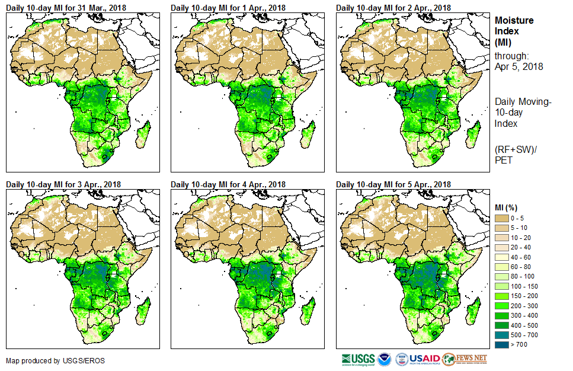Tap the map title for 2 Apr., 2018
click(393, 8)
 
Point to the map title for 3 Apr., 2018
click(63, 184)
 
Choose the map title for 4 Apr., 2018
click(228, 184)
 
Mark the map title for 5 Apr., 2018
click(393, 184)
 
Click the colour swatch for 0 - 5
click(503, 218)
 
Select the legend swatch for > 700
click(503, 343)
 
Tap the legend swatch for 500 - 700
click(503, 334)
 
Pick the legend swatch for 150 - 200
click(503, 295)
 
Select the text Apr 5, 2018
click(519, 66)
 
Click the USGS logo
click(358, 359)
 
